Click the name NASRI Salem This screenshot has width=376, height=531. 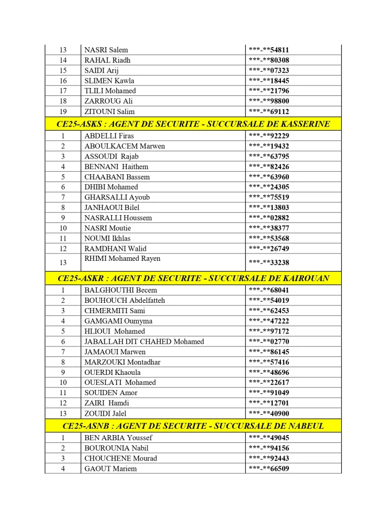point(106,50)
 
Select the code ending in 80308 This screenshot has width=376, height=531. point(268,60)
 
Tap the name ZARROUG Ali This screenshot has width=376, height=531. point(109,101)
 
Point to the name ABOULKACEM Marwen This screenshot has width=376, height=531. point(125,146)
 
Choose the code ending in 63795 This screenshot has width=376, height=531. point(268,157)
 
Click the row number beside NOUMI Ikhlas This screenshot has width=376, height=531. point(63,239)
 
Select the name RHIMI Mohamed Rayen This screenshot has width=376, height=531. point(123,259)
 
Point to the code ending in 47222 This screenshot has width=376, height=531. point(268,321)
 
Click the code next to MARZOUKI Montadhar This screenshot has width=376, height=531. point(268,362)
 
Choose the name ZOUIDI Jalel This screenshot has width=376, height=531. point(105,413)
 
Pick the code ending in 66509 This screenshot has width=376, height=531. point(268,469)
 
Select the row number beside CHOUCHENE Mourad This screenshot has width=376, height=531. point(63,458)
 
